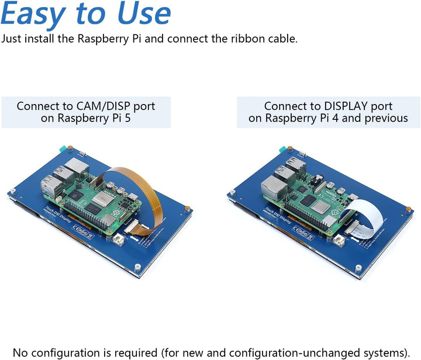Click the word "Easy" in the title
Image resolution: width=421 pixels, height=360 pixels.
(x=40, y=15)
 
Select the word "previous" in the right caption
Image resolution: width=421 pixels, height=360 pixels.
(x=387, y=118)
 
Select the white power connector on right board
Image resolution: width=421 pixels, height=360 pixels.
(x=341, y=240)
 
